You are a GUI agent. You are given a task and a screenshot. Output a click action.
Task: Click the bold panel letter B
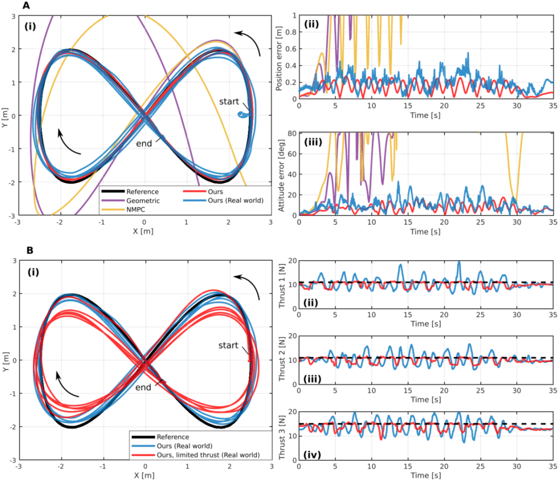(30, 250)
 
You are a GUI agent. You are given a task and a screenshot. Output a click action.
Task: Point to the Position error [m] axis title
(279, 57)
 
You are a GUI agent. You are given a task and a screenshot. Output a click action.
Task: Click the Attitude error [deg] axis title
(279, 174)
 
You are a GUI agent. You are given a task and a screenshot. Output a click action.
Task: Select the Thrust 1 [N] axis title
(282, 284)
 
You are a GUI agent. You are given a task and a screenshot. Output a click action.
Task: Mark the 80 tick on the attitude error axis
(292, 133)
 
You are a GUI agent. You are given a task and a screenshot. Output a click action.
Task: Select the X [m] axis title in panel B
(144, 474)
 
